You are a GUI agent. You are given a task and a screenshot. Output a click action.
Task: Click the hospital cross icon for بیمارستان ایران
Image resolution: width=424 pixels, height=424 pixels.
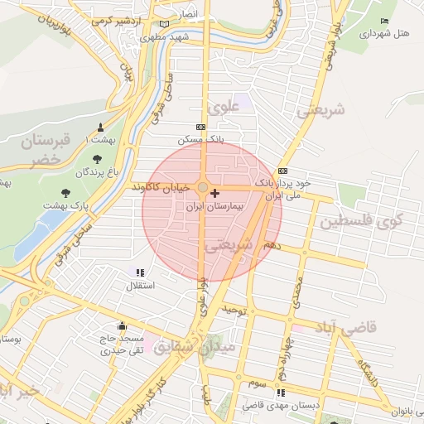pyautogui.click(x=215, y=192)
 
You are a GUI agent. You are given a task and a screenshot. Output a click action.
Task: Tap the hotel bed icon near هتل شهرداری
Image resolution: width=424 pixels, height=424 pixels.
pyautogui.click(x=383, y=21)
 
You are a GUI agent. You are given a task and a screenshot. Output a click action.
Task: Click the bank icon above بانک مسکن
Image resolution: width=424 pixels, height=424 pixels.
pyautogui.click(x=200, y=127)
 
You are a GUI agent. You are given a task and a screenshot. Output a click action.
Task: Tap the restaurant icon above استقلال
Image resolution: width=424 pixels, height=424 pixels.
pyautogui.click(x=140, y=272)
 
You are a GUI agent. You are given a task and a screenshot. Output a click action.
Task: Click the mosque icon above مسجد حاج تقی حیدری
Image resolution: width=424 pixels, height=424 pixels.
pyautogui.click(x=123, y=325)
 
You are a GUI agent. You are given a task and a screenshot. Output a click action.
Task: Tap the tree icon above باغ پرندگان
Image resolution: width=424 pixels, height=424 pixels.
pyautogui.click(x=97, y=158)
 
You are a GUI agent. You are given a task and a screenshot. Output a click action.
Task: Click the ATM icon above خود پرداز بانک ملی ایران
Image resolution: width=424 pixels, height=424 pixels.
pyautogui.click(x=284, y=170)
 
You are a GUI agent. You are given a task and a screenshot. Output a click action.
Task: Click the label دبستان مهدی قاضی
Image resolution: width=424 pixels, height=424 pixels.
pyautogui.click(x=274, y=406)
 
